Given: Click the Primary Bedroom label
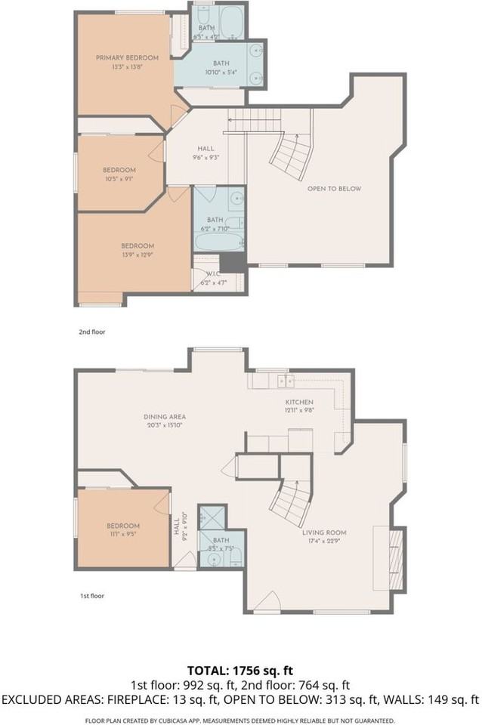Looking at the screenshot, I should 127,58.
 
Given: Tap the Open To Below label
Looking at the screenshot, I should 334,189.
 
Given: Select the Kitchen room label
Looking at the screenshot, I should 298,403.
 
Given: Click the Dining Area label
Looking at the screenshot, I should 165,416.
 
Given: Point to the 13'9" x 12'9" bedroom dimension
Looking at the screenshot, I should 138,254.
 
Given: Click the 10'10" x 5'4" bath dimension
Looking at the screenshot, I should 220,72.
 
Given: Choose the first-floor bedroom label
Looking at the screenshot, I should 122,526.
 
